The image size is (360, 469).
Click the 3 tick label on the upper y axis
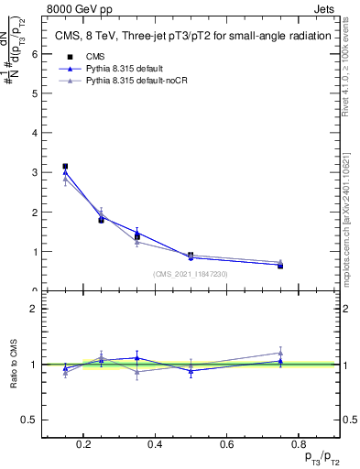point(36,172)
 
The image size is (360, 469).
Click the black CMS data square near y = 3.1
point(65,167)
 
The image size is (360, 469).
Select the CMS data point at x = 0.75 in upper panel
point(280,266)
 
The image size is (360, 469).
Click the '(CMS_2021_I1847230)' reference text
point(190,274)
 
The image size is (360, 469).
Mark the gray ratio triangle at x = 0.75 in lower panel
point(280,353)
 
